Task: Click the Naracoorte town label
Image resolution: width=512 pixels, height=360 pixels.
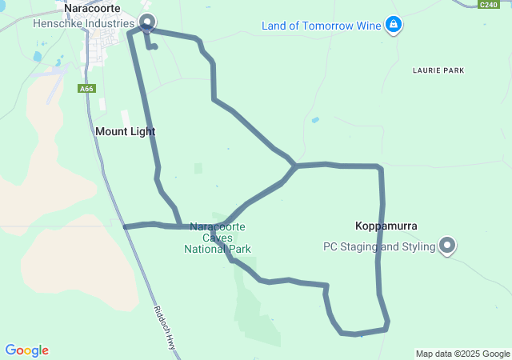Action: tap(92, 8)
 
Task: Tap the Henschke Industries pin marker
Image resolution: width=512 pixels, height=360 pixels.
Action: tap(146, 22)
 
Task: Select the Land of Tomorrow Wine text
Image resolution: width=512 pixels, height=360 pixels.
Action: tap(321, 26)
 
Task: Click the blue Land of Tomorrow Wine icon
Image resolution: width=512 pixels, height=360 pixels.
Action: tap(393, 26)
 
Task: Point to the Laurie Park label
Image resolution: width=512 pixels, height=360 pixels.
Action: tap(438, 71)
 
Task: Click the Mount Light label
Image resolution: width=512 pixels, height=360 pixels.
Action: tap(125, 131)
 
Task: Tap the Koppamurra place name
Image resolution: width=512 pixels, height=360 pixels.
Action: tap(387, 226)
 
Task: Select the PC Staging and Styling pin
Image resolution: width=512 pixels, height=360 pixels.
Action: tap(448, 246)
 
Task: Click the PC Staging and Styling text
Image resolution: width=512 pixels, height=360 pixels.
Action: tap(379, 247)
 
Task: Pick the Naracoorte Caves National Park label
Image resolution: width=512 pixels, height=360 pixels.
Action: tap(218, 238)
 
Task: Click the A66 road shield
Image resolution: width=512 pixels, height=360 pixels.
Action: tap(87, 89)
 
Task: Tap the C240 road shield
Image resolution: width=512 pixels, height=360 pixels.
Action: tap(489, 5)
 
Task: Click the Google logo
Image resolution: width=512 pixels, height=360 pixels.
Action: tap(27, 350)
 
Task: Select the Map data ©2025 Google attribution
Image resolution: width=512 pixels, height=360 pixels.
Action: tap(462, 354)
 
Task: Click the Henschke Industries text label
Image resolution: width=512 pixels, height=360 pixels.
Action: tap(84, 24)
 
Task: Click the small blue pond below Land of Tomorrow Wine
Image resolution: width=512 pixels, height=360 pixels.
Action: tap(316, 120)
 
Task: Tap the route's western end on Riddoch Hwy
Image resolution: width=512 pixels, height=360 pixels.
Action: tap(126, 226)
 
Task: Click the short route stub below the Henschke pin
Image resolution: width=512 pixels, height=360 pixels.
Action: tap(152, 46)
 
